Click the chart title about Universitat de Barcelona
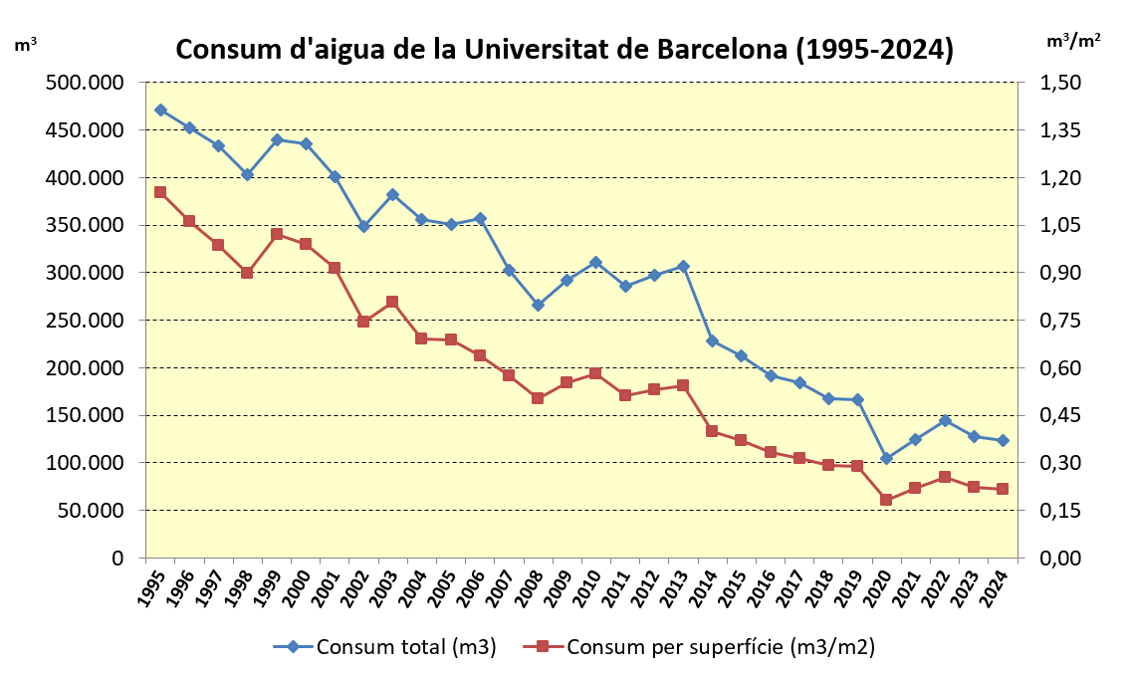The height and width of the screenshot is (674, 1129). [x=564, y=50]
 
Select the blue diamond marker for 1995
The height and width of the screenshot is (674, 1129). [x=160, y=110]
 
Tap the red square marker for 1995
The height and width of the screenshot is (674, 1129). [x=160, y=192]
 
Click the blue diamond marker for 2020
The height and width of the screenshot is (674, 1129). [x=886, y=458]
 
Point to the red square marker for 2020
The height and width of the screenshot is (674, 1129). [x=886, y=500]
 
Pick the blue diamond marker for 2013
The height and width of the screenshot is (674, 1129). [x=683, y=266]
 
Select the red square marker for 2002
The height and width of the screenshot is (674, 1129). [x=363, y=322]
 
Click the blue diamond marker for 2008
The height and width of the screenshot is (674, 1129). [x=538, y=305]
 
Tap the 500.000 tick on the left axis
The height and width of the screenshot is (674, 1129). [x=84, y=83]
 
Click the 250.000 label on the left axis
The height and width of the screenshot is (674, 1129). [x=84, y=321]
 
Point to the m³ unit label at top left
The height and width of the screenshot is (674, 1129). [x=27, y=44]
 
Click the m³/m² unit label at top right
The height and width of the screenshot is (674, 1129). [x=1073, y=41]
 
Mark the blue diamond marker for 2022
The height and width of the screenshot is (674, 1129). [x=944, y=420]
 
